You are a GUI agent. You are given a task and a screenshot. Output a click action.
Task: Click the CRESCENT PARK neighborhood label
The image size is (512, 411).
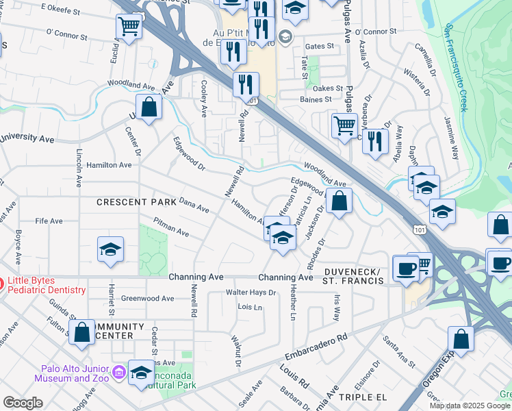131,202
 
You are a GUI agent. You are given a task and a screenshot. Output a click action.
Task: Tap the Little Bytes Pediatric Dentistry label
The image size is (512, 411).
47,285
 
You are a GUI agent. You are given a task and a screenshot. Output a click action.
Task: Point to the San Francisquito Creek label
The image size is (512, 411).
455,68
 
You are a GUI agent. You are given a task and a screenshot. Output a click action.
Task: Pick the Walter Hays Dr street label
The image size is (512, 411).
251,292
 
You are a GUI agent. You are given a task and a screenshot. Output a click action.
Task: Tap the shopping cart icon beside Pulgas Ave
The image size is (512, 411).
344,125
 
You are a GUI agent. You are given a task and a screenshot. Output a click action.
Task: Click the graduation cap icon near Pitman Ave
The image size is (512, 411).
110,251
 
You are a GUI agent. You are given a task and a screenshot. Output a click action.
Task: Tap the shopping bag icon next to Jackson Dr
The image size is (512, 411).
338,201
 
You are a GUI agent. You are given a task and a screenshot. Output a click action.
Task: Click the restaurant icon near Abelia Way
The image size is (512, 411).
374,140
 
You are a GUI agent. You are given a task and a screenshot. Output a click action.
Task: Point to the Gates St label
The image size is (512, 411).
319,47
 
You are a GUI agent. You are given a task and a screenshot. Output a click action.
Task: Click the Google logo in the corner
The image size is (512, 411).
23,403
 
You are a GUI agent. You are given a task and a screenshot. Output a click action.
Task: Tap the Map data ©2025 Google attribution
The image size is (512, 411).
469,406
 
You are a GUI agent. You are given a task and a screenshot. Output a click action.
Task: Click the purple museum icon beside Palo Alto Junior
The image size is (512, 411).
119,373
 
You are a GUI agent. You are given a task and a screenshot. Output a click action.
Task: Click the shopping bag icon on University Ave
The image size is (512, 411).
149,107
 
